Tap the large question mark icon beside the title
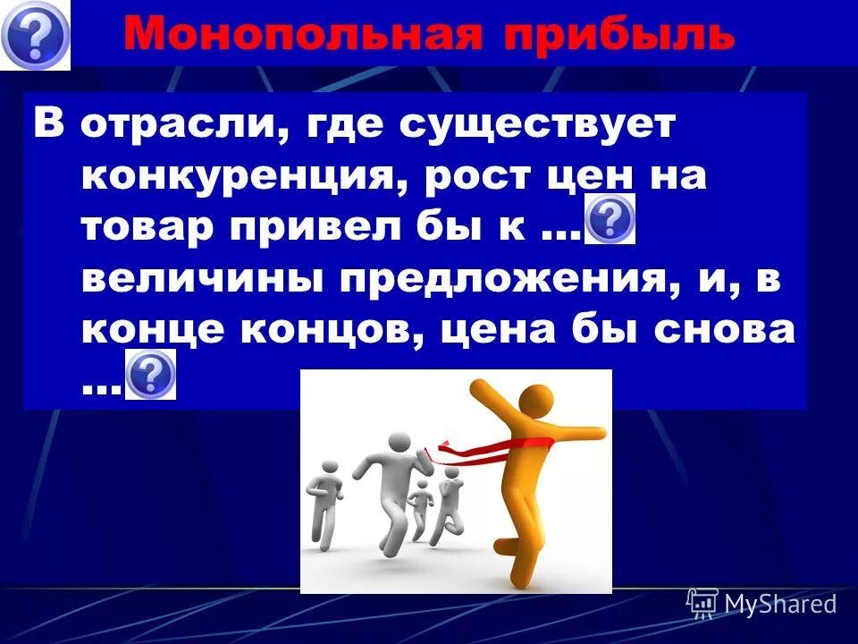[35, 35]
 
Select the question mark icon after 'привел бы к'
[610, 218]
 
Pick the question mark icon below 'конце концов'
[151, 375]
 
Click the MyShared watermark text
[779, 604]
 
